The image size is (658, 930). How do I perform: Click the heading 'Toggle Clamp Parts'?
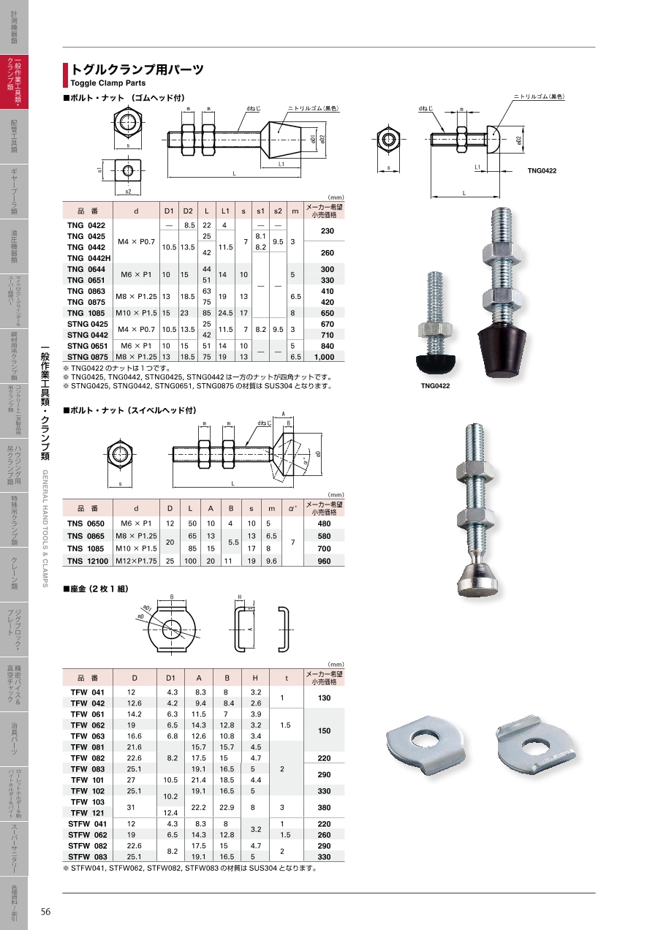(x=108, y=83)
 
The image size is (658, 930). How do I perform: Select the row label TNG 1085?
(x=86, y=313)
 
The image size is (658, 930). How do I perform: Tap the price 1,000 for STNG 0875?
(x=324, y=357)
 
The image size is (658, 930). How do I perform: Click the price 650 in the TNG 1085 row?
(x=327, y=313)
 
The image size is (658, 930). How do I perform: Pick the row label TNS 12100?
(x=88, y=561)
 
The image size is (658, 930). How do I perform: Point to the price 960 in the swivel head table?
(x=324, y=561)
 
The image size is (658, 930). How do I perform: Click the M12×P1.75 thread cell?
(x=136, y=561)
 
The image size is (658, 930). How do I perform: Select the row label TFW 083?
(x=87, y=769)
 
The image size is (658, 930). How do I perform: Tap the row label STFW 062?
(x=87, y=835)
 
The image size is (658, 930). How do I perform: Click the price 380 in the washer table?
(x=324, y=807)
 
